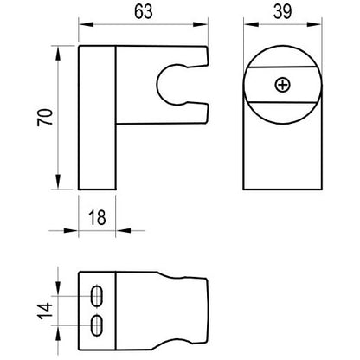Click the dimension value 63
[x=144, y=12]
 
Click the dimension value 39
[x=282, y=12]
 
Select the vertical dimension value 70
[x=45, y=117]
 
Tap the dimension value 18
[x=97, y=217]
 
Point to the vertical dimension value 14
[x=45, y=311]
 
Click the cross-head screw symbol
[x=282, y=85]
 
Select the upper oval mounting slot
[x=97, y=296]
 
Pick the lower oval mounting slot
[x=97, y=325]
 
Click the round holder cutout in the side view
[x=157, y=85]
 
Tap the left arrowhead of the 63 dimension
[x=86, y=25]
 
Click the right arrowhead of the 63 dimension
[x=200, y=25]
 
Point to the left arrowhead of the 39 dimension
[x=251, y=25]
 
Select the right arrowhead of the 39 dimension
[x=314, y=25]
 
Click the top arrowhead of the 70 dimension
[x=58, y=53]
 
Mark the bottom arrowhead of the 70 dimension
[x=58, y=182]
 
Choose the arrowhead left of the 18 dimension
[x=71, y=230]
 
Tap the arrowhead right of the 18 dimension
[x=123, y=230]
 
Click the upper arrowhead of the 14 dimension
[x=58, y=289]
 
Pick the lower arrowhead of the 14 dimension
[x=58, y=333]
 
